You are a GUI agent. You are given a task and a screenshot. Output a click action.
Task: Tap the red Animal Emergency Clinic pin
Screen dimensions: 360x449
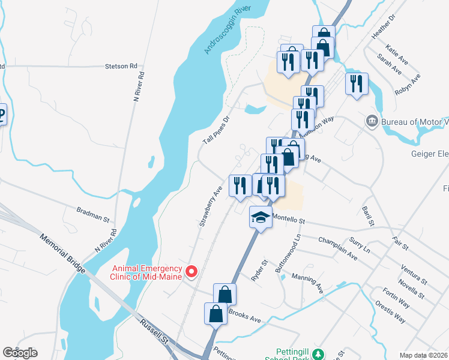click(191, 272)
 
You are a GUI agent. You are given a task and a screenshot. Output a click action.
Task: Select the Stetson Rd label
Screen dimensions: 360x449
click(121, 66)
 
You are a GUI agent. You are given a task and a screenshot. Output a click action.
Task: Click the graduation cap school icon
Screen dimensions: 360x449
click(261, 217)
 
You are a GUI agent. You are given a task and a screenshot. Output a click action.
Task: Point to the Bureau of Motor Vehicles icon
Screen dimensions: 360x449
click(372, 122)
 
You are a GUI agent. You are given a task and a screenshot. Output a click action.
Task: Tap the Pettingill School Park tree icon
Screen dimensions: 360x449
click(320, 354)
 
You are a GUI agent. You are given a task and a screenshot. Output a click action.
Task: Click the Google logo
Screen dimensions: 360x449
click(20, 352)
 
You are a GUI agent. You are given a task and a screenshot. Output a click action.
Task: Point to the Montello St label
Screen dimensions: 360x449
click(289, 219)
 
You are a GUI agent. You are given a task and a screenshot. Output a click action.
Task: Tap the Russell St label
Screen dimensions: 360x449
click(156, 331)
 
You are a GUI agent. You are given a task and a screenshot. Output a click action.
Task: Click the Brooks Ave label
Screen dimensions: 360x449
click(244, 317)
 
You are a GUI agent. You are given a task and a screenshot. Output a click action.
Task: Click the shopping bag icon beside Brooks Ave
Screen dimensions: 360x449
click(215, 313)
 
